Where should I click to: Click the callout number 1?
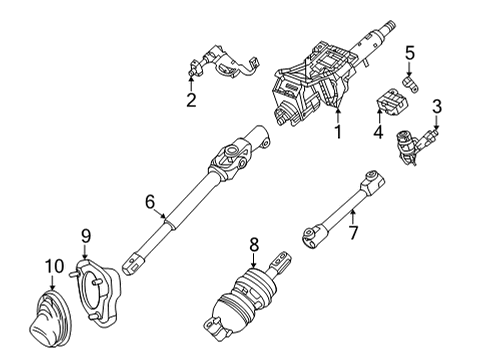click(338, 131)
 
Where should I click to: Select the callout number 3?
click(437, 106)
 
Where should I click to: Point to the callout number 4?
click(378, 130)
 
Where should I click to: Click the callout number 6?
click(150, 202)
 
